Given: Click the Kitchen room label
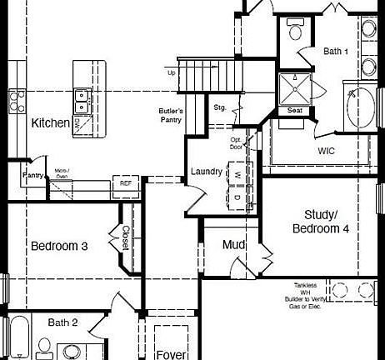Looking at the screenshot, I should (51, 123).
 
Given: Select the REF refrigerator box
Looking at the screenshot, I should (126, 182).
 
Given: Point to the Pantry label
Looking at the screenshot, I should (32, 176).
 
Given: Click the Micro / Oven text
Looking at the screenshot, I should (62, 173).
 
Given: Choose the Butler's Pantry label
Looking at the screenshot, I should (171, 115).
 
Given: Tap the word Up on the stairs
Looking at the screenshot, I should (172, 72).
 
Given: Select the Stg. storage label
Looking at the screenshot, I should (220, 107).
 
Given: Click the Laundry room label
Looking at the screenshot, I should (206, 172).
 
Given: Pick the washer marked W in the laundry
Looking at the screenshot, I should (237, 174).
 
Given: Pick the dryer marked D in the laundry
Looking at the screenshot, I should (237, 197).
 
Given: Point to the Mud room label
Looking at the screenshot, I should (232, 245).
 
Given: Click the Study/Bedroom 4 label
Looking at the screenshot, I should (321, 221).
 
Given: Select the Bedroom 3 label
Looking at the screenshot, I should (59, 247).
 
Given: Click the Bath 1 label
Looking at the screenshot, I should (336, 52).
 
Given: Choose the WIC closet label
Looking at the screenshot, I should (326, 151).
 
